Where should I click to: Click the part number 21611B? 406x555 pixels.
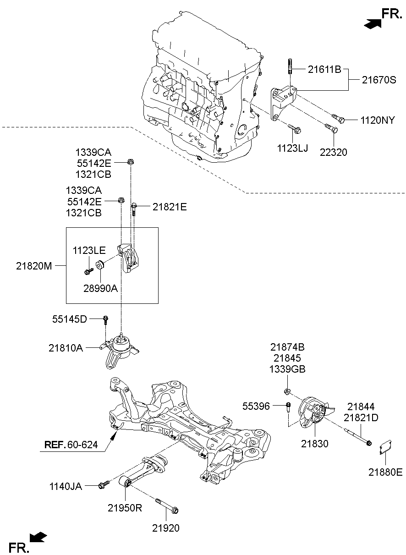tap(324, 70)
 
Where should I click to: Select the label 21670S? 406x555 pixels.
tap(379, 80)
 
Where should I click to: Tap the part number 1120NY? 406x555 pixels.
tap(377, 121)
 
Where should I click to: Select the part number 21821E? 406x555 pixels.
tap(170, 207)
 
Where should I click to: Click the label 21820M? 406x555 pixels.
tap(34, 265)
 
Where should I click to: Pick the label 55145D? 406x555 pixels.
tap(69, 319)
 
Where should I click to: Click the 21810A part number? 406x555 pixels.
tap(66, 348)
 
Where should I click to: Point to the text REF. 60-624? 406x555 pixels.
tap(71, 444)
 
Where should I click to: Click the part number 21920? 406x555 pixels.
tap(166, 528)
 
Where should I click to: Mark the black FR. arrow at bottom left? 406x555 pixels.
tap(38, 537)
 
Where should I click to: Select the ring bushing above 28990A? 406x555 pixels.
tap(100, 265)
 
